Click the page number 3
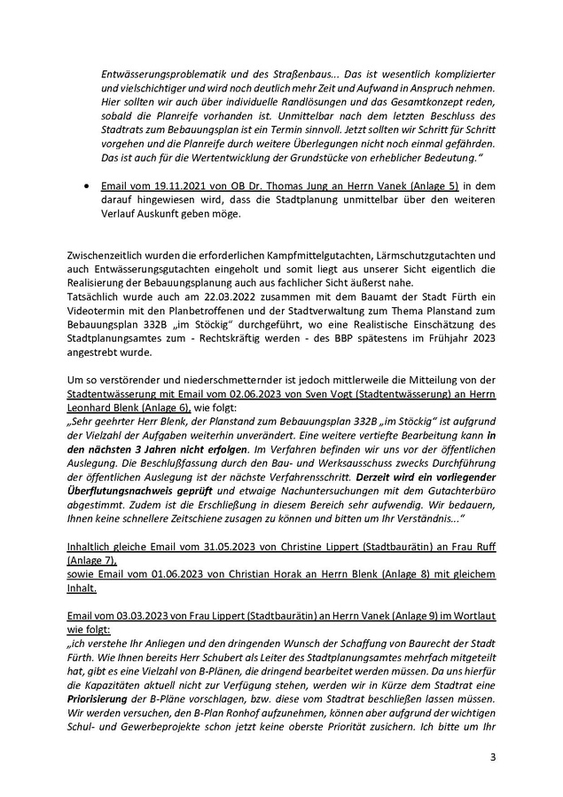click(x=493, y=757)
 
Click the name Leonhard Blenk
click(x=103, y=405)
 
